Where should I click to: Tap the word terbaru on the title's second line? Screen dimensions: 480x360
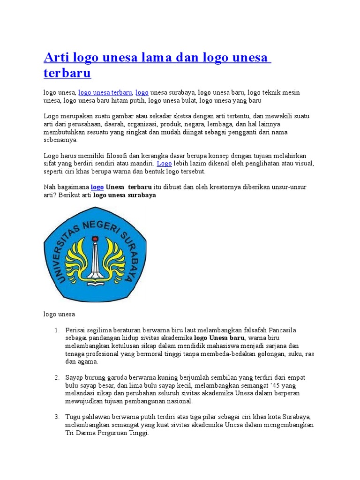click(67, 74)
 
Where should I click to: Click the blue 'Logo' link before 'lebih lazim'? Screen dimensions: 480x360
click(164, 163)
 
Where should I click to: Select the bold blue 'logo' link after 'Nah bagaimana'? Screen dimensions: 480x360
click(97, 187)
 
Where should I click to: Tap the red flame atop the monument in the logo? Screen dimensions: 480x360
click(95, 239)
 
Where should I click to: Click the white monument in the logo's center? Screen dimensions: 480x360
click(95, 262)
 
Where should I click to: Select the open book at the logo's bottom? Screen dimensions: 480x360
click(95, 283)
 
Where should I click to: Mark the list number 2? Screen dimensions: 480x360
click(56, 377)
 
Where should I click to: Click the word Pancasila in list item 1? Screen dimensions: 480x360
click(278, 330)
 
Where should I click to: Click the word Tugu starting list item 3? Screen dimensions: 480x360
click(73, 417)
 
